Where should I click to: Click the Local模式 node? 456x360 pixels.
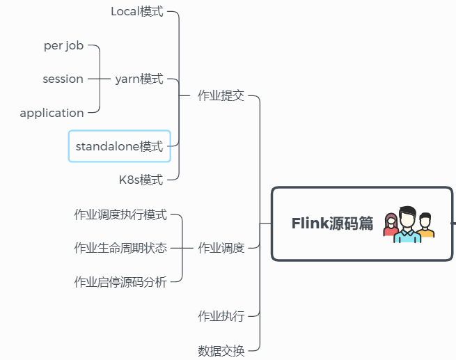136,11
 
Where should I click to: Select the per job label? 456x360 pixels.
63,45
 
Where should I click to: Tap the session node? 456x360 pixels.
63,79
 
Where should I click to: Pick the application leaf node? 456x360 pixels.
52,113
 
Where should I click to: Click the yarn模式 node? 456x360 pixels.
139,79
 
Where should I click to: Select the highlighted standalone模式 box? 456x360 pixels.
119,146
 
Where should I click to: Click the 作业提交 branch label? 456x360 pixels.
221,96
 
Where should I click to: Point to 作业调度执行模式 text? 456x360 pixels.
120,214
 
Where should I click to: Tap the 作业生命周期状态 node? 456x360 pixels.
120,248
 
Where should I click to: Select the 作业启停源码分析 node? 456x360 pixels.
120,281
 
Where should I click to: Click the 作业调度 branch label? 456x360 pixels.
221,248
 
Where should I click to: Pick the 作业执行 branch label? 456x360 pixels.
221,316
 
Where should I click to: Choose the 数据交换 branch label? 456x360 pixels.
221,350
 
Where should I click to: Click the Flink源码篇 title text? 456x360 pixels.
332,224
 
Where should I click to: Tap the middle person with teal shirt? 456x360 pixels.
407,225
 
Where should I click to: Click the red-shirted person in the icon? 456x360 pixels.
391,227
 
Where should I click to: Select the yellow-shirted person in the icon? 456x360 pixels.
425,226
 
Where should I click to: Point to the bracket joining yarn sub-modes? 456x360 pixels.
100,79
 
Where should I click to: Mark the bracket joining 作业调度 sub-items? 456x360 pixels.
182,248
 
